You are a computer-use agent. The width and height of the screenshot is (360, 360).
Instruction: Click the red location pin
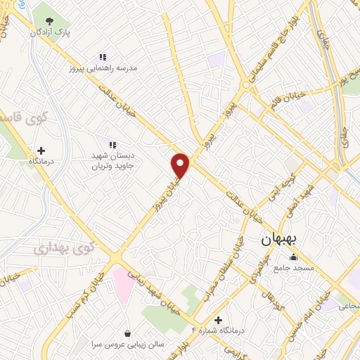click(181, 165)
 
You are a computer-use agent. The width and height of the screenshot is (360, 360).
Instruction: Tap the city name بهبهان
click(279, 239)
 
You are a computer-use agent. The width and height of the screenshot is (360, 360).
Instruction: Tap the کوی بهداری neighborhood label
click(63, 247)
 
